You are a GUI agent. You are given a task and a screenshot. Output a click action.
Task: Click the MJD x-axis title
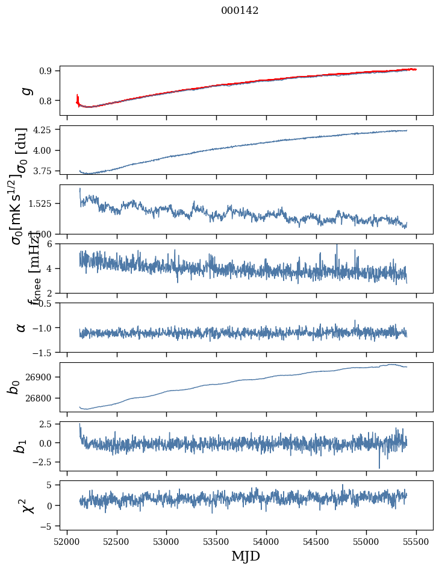pyautogui.click(x=246, y=556)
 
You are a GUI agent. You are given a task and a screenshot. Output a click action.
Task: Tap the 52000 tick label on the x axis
pyautogui.click(x=67, y=541)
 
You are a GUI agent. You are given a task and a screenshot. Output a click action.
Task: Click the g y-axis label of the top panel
pyautogui.click(x=25, y=90)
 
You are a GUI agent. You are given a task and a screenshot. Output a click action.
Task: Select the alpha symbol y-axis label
pyautogui.click(x=21, y=327)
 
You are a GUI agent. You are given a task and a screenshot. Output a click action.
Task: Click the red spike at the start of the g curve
pyautogui.click(x=78, y=98)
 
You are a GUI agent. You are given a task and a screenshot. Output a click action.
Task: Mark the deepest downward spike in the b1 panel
pyautogui.click(x=379, y=467)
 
